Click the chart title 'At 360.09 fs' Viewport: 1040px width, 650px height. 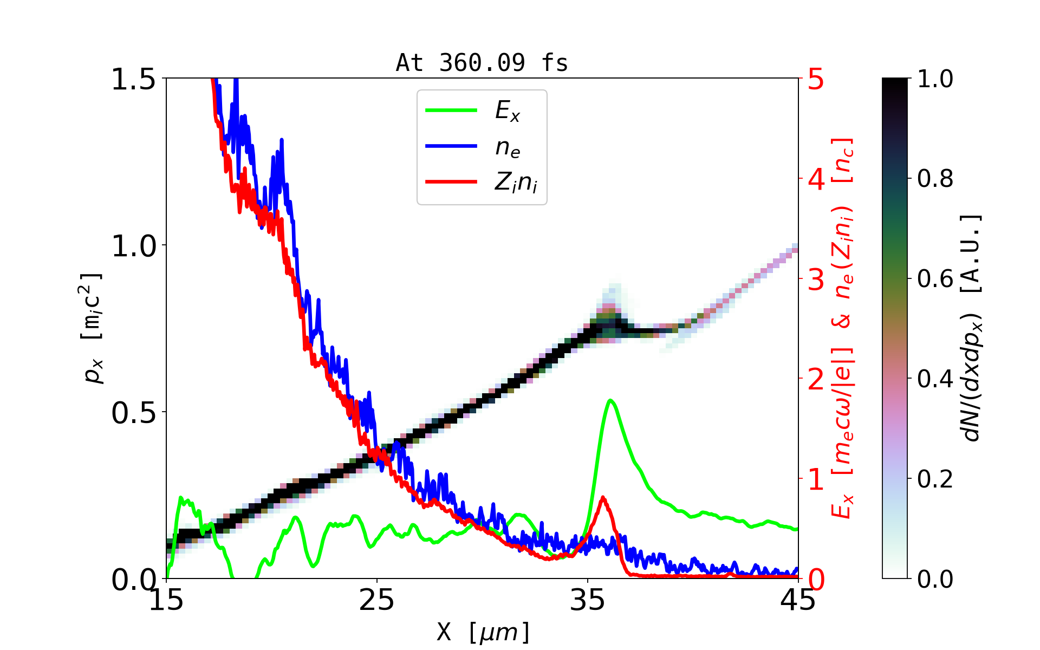[x=482, y=63]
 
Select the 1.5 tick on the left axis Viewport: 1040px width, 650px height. [x=133, y=79]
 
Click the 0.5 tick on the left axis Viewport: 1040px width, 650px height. [x=133, y=413]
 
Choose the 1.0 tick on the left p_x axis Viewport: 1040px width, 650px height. [x=133, y=246]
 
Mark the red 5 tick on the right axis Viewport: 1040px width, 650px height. [x=816, y=79]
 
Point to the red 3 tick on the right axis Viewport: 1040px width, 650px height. [x=816, y=279]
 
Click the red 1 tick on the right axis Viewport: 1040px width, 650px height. [x=816, y=479]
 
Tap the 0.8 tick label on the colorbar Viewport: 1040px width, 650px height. [x=935, y=179]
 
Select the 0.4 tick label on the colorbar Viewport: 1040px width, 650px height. [x=935, y=379]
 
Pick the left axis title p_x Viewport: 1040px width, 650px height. [x=92, y=328]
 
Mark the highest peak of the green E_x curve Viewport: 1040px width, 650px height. [x=610, y=400]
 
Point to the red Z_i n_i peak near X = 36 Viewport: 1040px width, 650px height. [x=603, y=498]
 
